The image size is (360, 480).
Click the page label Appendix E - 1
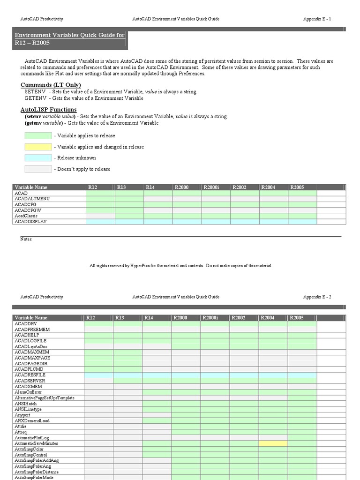[x=317, y=19]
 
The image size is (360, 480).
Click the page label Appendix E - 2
[x=317, y=297]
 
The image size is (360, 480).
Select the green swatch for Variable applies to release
[x=38, y=135]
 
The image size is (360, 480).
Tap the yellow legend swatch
[x=38, y=147]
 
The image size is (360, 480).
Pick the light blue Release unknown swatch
[x=38, y=158]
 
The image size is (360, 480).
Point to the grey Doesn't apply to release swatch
[x=38, y=169]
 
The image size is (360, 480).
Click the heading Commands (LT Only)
[x=51, y=85]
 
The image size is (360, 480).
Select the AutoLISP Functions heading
[x=48, y=109]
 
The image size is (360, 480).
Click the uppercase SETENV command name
[x=35, y=92]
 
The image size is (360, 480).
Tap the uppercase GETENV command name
[x=35, y=98]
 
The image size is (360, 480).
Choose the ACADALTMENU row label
[x=32, y=199]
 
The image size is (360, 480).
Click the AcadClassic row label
[x=27, y=216]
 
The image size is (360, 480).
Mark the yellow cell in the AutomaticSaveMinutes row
[x=273, y=443]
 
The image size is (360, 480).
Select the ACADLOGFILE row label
[x=30, y=340]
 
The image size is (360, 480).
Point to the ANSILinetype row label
[x=28, y=409]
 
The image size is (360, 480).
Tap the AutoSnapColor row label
[x=29, y=449]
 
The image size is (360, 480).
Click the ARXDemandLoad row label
[x=32, y=420]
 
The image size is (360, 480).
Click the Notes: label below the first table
[x=26, y=239]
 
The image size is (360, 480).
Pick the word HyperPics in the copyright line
[x=141, y=266]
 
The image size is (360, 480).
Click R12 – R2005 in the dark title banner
[x=32, y=43]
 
